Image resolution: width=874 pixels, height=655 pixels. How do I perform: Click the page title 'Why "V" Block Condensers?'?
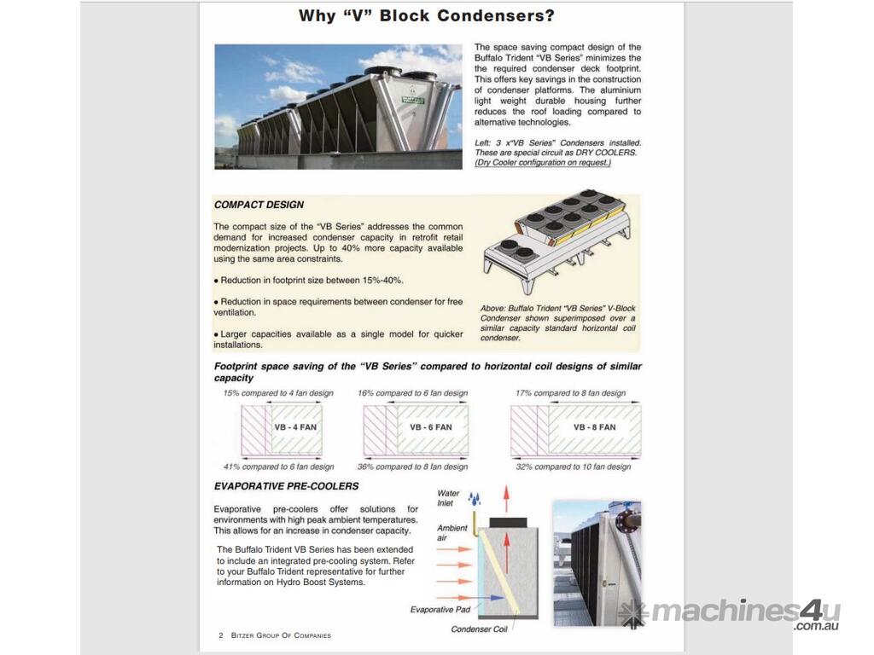pos(426,15)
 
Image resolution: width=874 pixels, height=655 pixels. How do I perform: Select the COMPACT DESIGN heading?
pos(259,205)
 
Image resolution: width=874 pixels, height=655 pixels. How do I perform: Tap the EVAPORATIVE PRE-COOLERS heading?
pos(286,486)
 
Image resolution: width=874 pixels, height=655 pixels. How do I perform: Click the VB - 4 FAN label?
pos(295,427)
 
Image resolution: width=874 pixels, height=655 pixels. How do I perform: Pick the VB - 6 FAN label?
pos(431,427)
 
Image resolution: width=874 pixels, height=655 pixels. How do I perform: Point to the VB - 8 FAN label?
pos(594,427)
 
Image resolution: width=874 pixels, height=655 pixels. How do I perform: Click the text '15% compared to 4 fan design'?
pos(278,393)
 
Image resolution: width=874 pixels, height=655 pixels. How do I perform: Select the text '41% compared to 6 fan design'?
pos(278,467)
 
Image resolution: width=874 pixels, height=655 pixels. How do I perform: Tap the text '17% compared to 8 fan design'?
pos(570,393)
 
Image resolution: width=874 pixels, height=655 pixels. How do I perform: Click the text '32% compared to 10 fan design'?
pos(574,467)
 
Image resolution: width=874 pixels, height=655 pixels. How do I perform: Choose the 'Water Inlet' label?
pos(448,498)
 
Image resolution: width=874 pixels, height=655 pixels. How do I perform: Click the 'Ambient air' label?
pos(452,532)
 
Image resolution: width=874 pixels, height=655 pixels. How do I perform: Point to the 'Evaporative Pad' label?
pos(440,609)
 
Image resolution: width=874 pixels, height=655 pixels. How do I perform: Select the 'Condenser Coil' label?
pos(479,629)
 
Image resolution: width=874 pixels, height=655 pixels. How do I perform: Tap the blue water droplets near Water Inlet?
pos(475,498)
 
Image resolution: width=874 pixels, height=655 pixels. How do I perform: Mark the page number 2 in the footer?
pos(221,635)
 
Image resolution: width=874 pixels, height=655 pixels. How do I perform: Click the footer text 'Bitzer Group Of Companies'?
pos(281,635)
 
